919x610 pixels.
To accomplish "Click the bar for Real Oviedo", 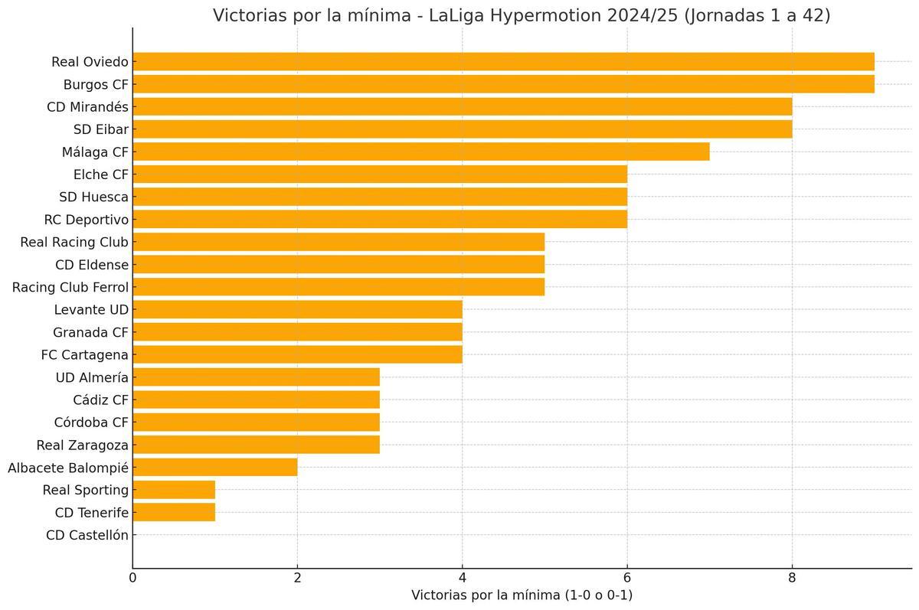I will tap(503, 62).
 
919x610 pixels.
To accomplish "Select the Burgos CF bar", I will tap(503, 84).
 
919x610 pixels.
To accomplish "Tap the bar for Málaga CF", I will tap(421, 152).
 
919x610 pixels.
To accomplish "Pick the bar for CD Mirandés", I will tap(462, 106).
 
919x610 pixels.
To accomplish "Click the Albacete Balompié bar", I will tap(215, 467).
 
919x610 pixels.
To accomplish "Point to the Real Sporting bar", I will tap(174, 490).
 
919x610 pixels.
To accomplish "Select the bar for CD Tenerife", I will tap(174, 512).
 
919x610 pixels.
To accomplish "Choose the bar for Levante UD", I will tap(297, 309).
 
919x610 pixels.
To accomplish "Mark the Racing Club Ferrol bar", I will tap(338, 287).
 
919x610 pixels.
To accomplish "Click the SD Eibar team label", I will tap(101, 129).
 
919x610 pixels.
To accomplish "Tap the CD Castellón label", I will tap(87, 535).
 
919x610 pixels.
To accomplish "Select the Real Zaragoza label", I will tap(83, 445).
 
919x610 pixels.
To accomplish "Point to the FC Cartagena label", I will tap(85, 354).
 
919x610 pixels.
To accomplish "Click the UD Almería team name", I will tap(92, 377).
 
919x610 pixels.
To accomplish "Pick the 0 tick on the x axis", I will tap(132, 577).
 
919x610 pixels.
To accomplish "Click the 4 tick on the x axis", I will tap(462, 577).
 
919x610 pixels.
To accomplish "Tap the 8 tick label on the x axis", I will tap(792, 577).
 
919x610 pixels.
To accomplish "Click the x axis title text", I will tap(522, 595).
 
